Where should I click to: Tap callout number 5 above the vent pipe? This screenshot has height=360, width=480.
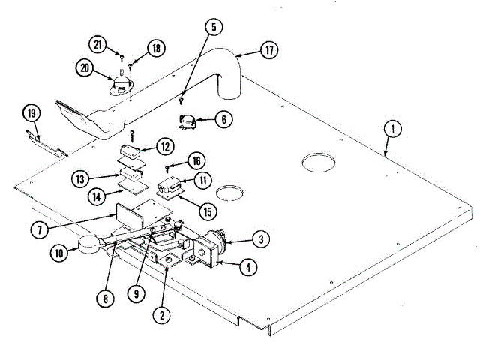pos(214,27)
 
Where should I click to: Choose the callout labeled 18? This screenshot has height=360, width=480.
pos(156,48)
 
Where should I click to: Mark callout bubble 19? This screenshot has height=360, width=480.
pos(31,114)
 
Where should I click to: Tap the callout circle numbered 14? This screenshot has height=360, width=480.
pos(97,196)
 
